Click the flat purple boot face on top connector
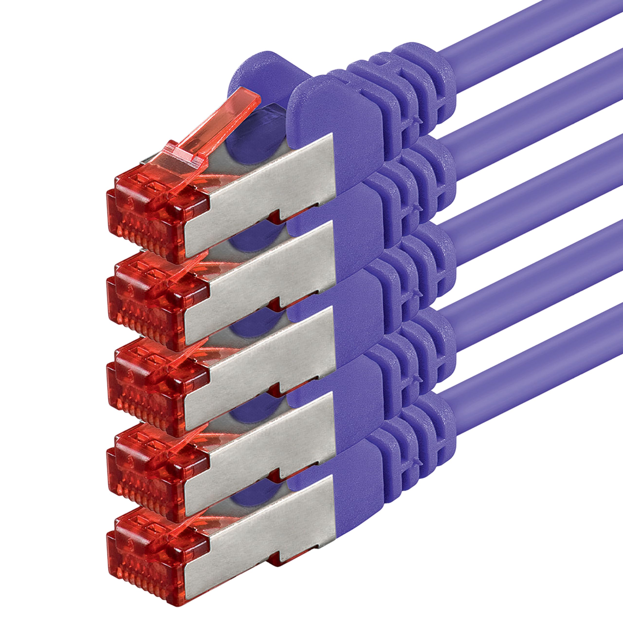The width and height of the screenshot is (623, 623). click(335, 129)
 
